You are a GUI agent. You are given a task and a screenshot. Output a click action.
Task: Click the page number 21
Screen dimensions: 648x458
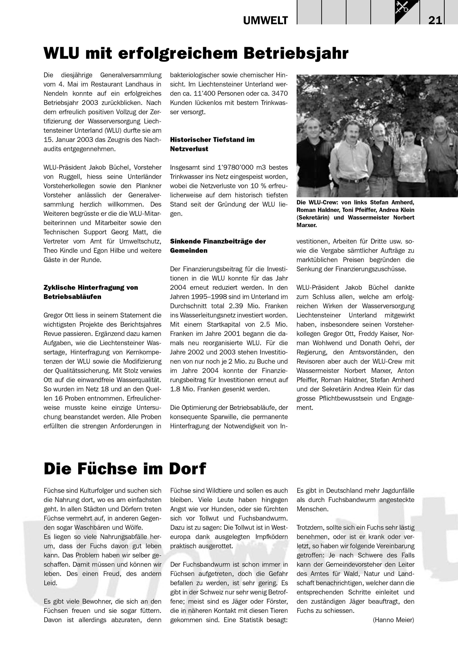coord(435,20)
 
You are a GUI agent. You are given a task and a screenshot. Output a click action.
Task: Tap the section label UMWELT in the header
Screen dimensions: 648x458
coord(265,20)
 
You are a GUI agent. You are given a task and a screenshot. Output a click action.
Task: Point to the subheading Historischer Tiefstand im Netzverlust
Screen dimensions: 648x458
coord(212,144)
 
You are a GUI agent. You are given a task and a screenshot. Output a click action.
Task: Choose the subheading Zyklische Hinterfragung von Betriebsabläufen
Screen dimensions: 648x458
coord(91,292)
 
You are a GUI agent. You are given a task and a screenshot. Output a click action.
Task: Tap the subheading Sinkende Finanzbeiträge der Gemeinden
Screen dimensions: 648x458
coord(218,246)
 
